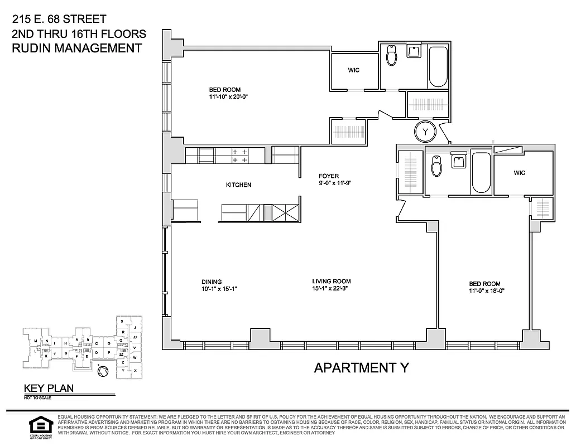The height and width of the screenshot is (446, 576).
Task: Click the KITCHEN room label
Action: point(238,185)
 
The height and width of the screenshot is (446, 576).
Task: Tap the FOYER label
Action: point(329,176)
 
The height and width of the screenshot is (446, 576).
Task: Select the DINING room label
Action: point(212,282)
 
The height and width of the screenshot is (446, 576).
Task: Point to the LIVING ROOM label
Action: point(332,282)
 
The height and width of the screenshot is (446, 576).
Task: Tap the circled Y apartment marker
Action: point(426,132)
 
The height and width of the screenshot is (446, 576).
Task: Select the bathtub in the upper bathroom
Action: point(438,67)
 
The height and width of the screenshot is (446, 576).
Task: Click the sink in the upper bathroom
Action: point(414,52)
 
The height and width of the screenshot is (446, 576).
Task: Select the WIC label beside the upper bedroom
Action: point(353,70)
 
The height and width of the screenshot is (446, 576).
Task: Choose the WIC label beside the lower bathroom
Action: point(520,173)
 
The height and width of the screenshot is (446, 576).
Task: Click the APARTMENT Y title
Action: point(362,368)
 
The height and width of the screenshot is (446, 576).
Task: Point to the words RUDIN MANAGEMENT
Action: point(76,48)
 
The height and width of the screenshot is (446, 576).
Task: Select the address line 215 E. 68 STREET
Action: point(59,20)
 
